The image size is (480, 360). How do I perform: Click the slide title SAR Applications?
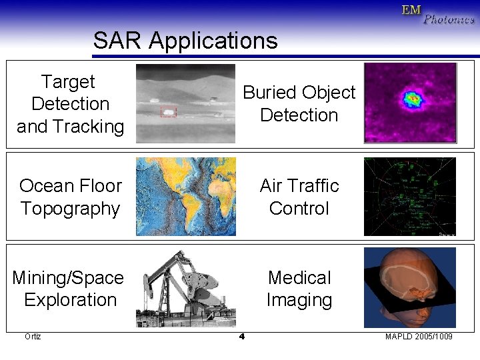click(x=185, y=41)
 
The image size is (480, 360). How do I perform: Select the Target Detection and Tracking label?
click(x=70, y=104)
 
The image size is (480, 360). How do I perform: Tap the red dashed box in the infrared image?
click(x=169, y=112)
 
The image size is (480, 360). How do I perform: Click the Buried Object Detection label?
click(x=299, y=103)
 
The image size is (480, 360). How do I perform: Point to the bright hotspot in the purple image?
click(x=413, y=100)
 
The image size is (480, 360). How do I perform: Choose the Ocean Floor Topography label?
click(x=70, y=197)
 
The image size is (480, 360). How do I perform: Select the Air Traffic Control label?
click(x=299, y=197)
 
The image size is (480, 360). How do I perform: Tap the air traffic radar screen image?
click(x=409, y=197)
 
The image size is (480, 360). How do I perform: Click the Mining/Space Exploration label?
click(x=69, y=289)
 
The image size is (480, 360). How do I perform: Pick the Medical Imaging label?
click(x=299, y=289)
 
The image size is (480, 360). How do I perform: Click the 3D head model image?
click(x=409, y=287)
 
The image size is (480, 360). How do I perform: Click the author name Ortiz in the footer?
click(x=33, y=337)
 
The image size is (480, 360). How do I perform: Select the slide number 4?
click(x=241, y=337)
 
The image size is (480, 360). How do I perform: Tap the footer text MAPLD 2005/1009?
click(x=419, y=337)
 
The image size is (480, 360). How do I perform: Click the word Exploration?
click(x=70, y=300)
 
